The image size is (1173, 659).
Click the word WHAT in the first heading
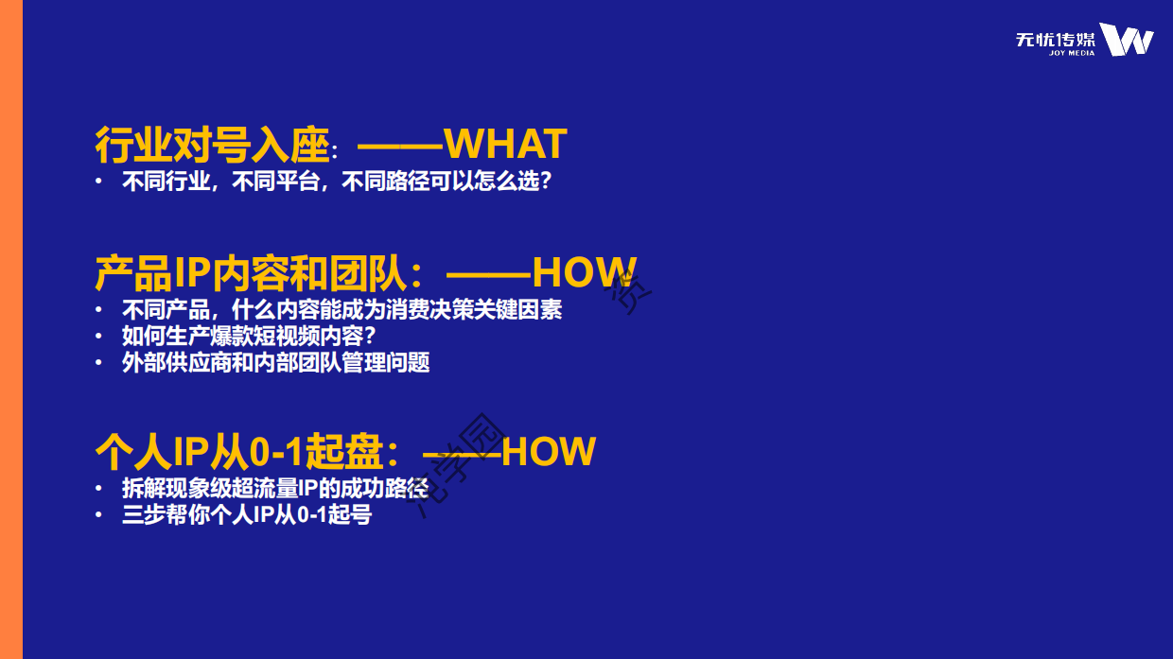click(505, 145)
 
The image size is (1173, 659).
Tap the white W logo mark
click(1127, 40)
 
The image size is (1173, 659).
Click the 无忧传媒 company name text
click(1055, 39)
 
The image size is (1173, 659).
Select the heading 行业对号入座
click(212, 145)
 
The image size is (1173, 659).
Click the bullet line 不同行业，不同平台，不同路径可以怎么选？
click(337, 182)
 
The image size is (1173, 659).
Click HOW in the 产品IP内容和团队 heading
click(585, 273)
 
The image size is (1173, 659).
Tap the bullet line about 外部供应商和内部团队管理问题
click(275, 362)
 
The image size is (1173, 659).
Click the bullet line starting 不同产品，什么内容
click(341, 309)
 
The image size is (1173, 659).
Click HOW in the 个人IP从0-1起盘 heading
click(549, 452)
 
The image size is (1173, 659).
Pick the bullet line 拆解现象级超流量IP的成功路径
click(274, 489)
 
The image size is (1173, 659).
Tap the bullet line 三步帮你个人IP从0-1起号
click(246, 515)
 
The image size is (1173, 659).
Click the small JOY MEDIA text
click(1072, 53)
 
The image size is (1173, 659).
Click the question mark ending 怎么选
click(544, 182)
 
